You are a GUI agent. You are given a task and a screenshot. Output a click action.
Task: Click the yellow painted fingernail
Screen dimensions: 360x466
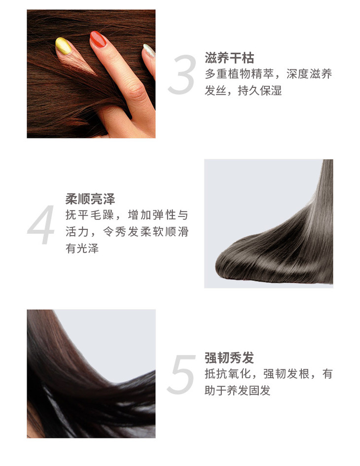63,46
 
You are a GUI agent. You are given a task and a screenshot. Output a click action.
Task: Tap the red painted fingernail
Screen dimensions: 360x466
98,39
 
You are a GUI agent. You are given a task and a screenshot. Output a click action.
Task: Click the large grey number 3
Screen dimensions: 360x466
182,74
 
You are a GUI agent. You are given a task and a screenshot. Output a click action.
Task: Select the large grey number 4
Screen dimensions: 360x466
41,224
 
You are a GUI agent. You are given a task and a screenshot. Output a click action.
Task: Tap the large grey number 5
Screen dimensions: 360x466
182,374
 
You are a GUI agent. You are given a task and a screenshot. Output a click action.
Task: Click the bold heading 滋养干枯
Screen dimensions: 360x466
229,58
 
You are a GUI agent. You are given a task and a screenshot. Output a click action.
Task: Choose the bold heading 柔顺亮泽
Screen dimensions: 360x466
90,199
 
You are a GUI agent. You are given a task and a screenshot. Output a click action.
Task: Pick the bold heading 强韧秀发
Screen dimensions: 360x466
229,358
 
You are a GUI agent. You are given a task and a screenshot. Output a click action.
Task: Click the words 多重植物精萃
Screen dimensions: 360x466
239,74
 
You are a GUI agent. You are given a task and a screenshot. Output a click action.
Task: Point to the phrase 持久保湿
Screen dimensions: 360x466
259,91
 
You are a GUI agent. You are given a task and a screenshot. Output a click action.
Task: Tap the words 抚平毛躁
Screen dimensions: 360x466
90,215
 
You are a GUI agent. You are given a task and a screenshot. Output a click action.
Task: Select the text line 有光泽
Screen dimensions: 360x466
82,248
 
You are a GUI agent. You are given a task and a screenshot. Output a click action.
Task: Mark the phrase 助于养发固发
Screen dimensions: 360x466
238,391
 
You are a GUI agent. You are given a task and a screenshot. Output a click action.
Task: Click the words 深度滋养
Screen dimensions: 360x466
309,74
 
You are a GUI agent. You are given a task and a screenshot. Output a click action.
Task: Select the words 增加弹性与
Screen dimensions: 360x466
158,215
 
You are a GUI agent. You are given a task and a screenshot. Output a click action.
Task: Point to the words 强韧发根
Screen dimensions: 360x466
287,374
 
